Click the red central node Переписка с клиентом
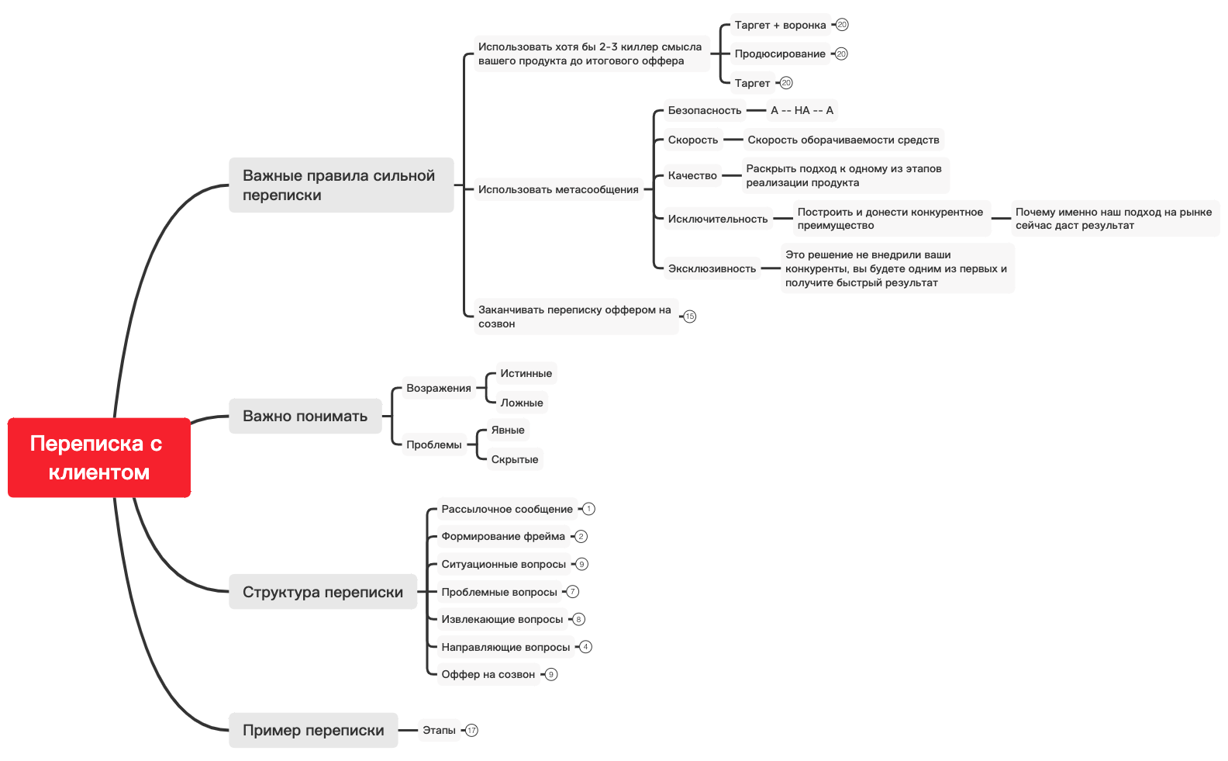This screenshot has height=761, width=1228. [99, 458]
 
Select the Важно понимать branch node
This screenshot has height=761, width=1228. [305, 416]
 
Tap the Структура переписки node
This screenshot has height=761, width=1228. [323, 592]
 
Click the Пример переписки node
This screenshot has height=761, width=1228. [313, 730]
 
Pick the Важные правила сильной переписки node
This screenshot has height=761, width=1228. [340, 185]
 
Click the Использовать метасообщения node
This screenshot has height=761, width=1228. [558, 189]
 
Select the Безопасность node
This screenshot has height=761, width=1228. [704, 110]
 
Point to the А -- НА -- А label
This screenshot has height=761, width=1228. [802, 110]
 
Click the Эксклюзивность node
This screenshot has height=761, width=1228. [711, 268]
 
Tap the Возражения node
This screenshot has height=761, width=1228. [438, 388]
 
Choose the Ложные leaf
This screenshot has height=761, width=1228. [521, 403]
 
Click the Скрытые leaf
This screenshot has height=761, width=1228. [514, 459]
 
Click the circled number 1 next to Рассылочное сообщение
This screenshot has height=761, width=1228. [589, 509]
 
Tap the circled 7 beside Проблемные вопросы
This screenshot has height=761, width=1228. [573, 592]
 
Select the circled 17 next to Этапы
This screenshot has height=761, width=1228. [472, 730]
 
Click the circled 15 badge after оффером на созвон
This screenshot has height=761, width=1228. [690, 317]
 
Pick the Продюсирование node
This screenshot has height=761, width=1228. [780, 54]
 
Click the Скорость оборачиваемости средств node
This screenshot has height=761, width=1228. [843, 140]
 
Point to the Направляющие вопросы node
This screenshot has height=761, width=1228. [505, 647]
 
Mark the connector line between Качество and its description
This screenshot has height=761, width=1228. [731, 175]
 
